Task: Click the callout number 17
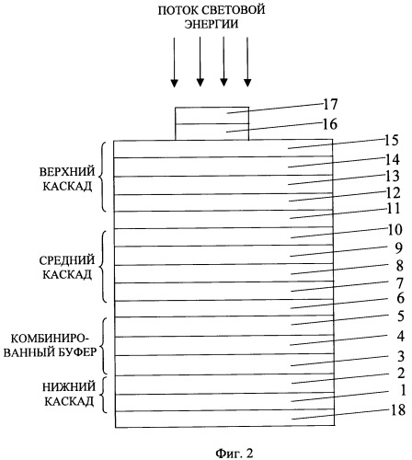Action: [330, 104]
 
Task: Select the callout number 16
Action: [330, 124]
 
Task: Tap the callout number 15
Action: [391, 140]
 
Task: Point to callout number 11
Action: [393, 209]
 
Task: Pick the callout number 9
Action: [398, 247]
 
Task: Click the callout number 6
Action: [400, 298]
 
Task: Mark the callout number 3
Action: [401, 356]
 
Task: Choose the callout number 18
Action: [398, 409]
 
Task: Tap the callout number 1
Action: [403, 390]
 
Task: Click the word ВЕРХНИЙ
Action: [67, 172]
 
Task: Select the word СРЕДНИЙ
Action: [67, 260]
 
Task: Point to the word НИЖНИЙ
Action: [69, 387]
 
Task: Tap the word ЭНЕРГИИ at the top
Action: [212, 24]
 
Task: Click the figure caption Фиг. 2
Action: [235, 453]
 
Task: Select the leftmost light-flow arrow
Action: [174, 62]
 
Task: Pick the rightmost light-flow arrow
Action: [247, 62]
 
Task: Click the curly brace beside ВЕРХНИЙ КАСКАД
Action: [103, 177]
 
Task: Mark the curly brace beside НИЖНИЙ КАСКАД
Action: [105, 395]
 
